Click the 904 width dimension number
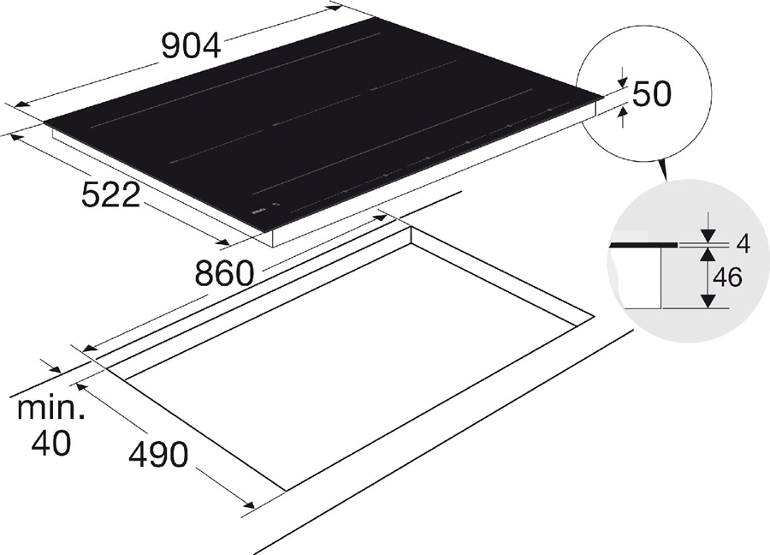[192, 46]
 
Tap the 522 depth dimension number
[110, 195]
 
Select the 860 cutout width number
[224, 274]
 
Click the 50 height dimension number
[652, 95]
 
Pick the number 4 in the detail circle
[742, 244]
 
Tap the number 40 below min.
[50, 444]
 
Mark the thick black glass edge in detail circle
[642, 244]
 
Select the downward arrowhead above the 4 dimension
[708, 236]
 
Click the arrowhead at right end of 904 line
[336, 8]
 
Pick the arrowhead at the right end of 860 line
[383, 219]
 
